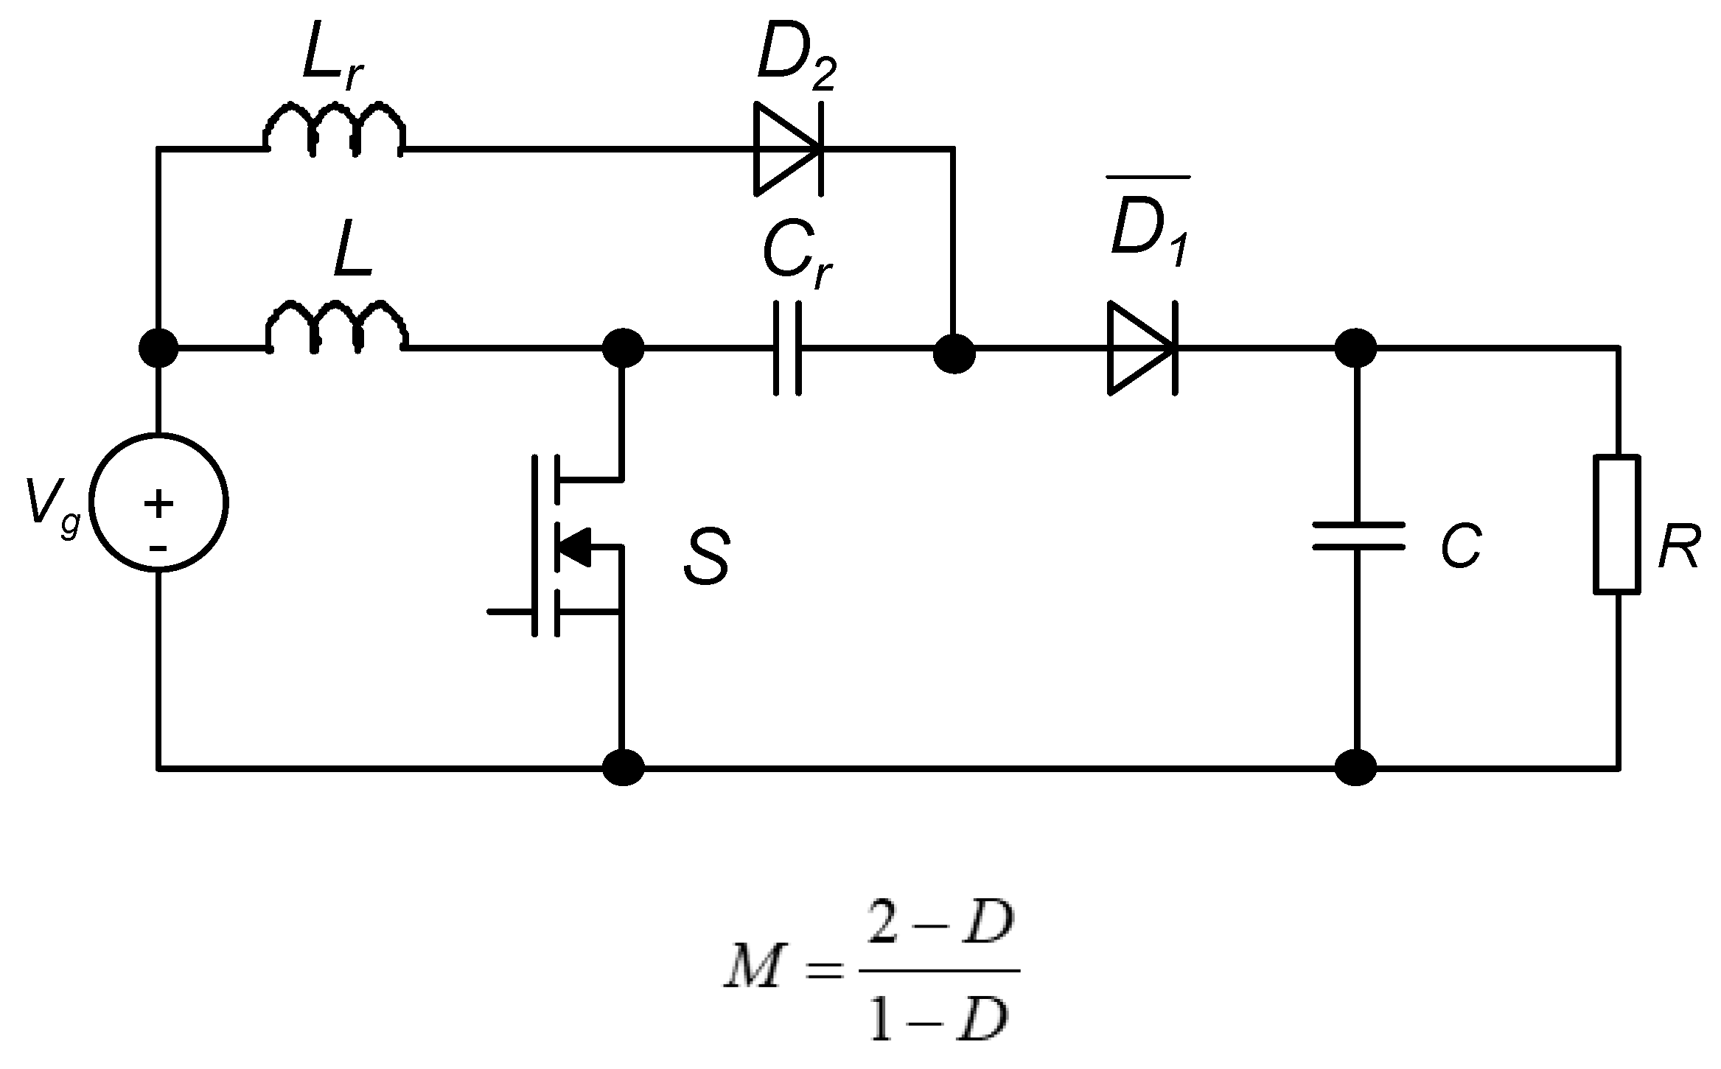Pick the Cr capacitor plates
[x=787, y=348]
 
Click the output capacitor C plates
[x=1358, y=536]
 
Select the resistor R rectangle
[x=1617, y=524]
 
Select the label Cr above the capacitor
[x=796, y=254]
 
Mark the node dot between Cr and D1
[x=954, y=354]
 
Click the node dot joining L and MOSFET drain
[x=623, y=347]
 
